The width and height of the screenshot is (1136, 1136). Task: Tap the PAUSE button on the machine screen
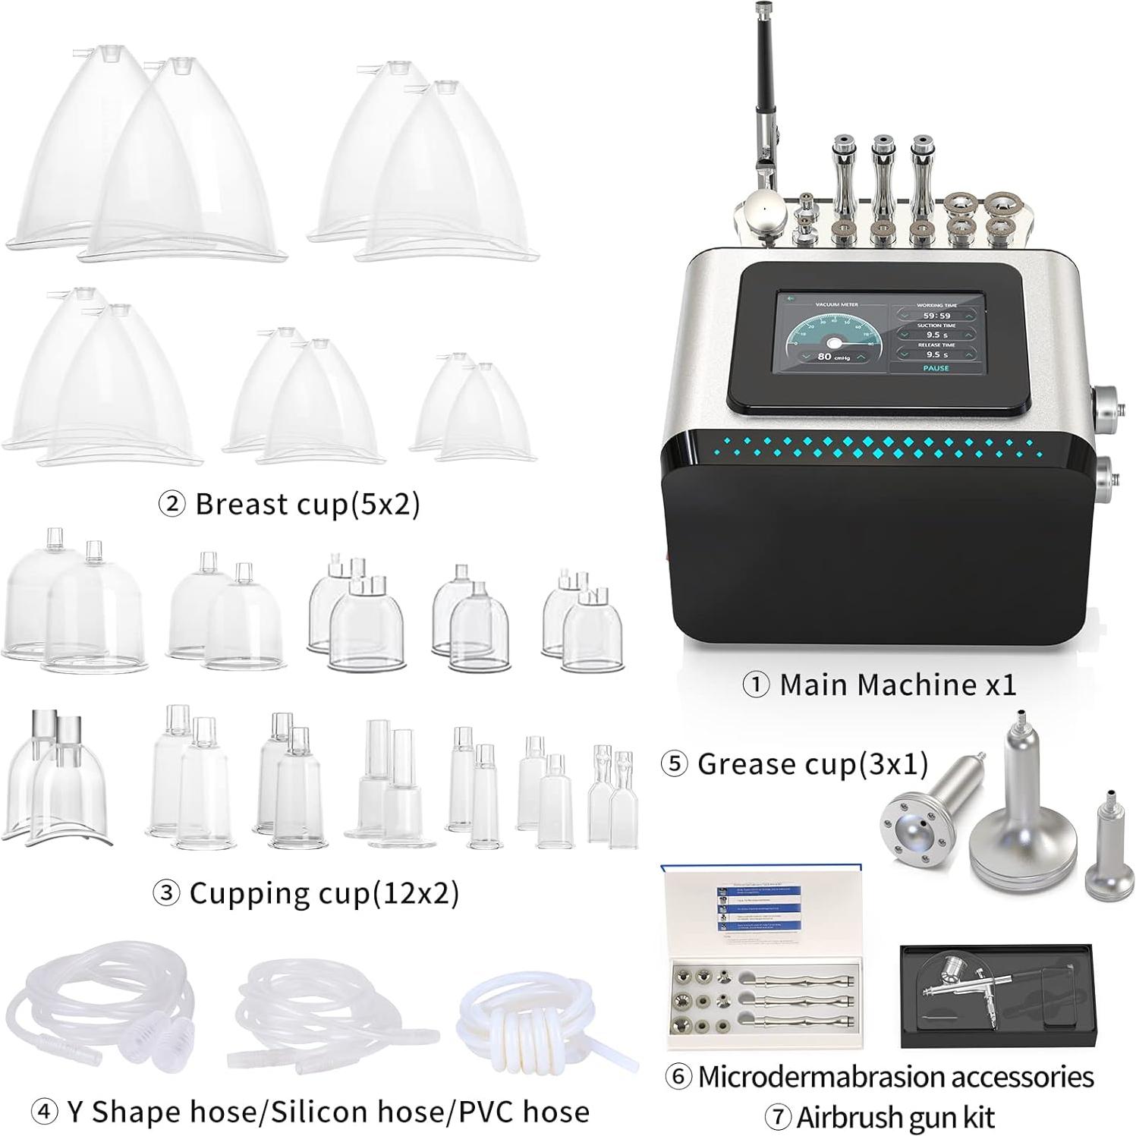[x=936, y=368]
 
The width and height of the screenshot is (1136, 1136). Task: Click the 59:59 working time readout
[x=936, y=315]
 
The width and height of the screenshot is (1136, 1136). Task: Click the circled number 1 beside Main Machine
[x=756, y=685]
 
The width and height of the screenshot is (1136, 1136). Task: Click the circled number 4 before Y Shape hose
[x=44, y=1112]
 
